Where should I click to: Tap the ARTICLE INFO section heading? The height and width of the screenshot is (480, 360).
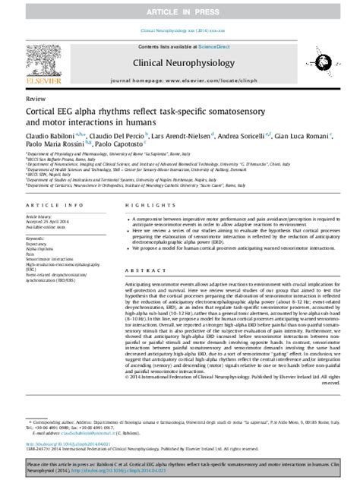tap(55, 206)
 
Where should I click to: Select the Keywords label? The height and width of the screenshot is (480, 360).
tap(36, 237)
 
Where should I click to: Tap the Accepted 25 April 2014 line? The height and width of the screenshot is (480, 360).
tap(52, 222)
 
